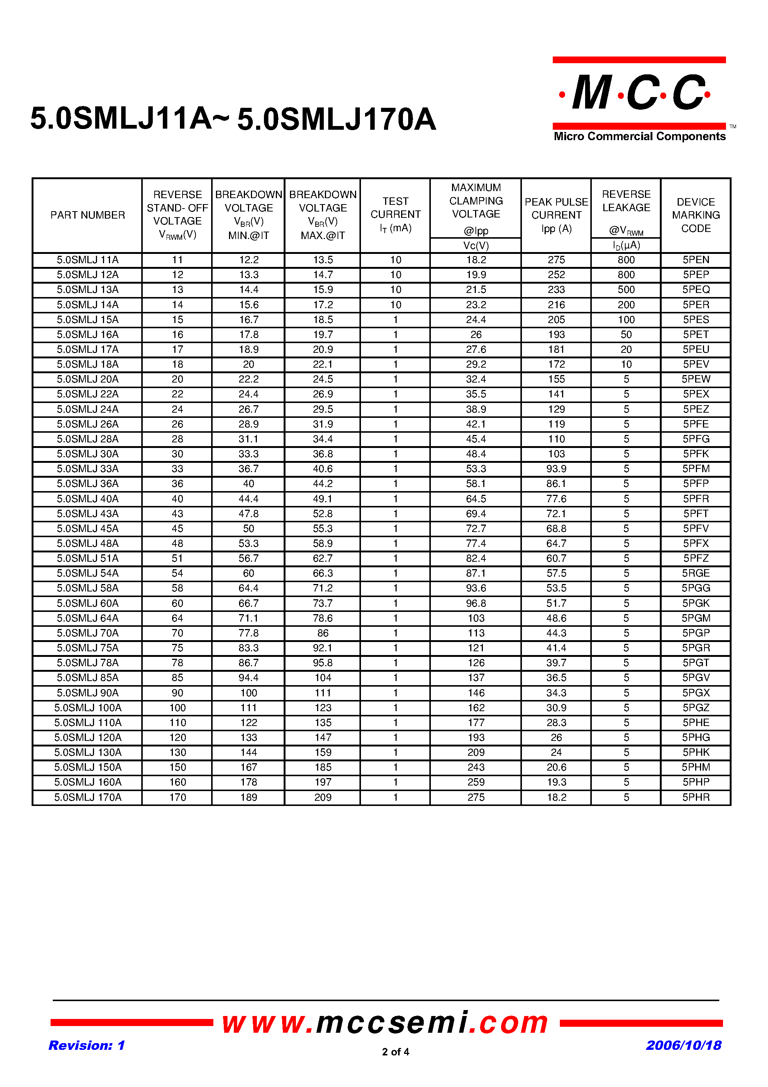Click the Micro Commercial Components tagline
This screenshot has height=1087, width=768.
pyautogui.click(x=639, y=136)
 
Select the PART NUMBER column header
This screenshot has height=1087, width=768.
pyautogui.click(x=88, y=215)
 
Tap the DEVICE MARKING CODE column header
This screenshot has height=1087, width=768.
pyautogui.click(x=696, y=215)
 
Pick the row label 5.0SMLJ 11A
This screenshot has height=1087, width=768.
pyautogui.click(x=88, y=260)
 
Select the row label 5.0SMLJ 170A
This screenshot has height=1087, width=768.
pyautogui.click(x=88, y=797)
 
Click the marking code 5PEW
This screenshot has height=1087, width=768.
pyautogui.click(x=696, y=379)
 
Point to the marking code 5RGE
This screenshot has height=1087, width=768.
pyautogui.click(x=696, y=573)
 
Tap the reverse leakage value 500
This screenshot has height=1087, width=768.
pyautogui.click(x=626, y=290)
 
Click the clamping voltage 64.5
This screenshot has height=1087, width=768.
pyautogui.click(x=476, y=499)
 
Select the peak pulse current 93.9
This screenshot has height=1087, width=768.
pyautogui.click(x=556, y=469)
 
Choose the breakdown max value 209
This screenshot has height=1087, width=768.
pyautogui.click(x=323, y=797)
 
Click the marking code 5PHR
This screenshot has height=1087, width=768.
pyautogui.click(x=696, y=797)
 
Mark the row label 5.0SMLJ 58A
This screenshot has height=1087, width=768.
pyautogui.click(x=88, y=588)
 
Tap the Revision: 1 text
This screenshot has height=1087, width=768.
pyautogui.click(x=87, y=1045)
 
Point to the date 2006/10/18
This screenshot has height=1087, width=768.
pyautogui.click(x=683, y=1045)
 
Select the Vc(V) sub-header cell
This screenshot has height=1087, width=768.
pyautogui.click(x=476, y=246)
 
